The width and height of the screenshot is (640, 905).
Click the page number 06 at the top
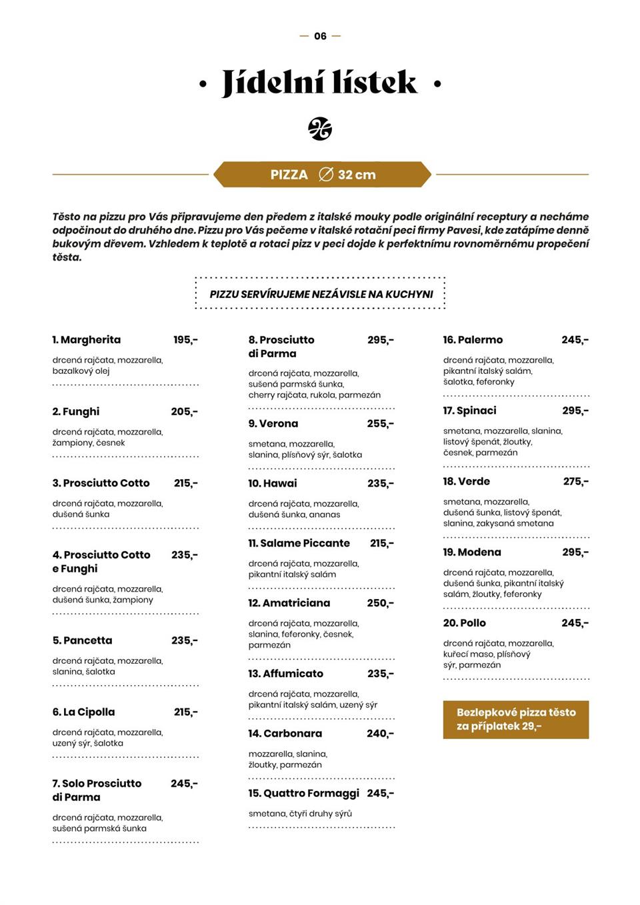click(x=320, y=36)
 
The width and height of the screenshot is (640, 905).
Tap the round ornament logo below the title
click(x=320, y=129)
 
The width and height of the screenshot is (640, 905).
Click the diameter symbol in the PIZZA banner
click(x=326, y=175)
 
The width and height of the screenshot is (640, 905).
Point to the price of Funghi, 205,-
click(x=184, y=412)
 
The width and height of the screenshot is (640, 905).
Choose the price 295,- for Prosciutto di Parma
click(x=380, y=340)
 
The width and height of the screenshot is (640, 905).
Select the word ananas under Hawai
click(x=325, y=514)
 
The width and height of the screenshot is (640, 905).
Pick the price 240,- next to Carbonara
click(x=380, y=734)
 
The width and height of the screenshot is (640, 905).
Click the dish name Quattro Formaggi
click(x=304, y=793)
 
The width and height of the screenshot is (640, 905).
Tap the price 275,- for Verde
click(x=575, y=481)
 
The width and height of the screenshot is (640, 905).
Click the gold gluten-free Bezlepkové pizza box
click(x=516, y=719)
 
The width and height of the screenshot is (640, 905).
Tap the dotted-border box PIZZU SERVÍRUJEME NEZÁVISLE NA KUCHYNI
click(x=321, y=294)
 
